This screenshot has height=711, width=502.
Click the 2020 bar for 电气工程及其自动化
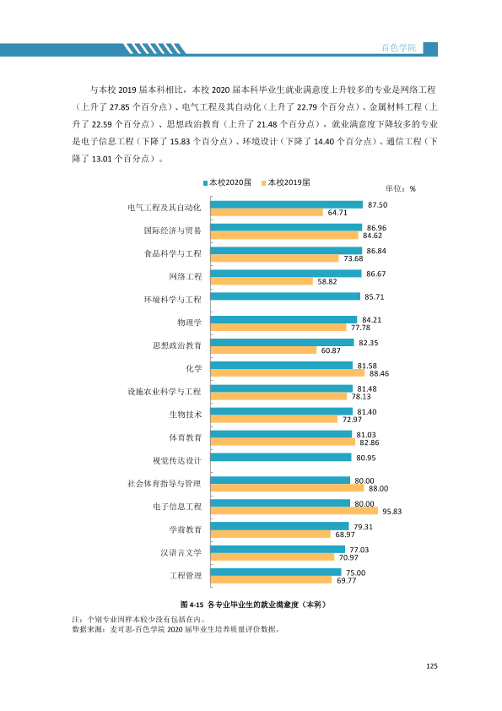coord(287,204)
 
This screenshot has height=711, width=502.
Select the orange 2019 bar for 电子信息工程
coord(294,511)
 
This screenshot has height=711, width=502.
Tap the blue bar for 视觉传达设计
coord(281,457)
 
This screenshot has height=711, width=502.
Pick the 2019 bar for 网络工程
coord(262,281)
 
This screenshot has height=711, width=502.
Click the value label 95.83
coord(392,512)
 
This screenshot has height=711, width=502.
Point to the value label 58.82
coord(327,281)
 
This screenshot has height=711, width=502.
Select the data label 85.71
coord(375,297)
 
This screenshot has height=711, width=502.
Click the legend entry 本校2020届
coord(227,182)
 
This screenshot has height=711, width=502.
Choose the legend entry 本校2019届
coord(286,182)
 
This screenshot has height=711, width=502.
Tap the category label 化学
coord(194,369)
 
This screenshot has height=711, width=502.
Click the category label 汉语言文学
coord(181,553)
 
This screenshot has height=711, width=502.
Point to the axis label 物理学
coord(189,323)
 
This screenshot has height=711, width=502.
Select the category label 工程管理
coord(186,576)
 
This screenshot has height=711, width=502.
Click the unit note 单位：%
coord(401,188)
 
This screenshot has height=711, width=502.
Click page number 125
coord(432,665)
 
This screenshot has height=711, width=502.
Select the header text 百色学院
coord(399,47)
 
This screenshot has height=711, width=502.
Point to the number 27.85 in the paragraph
coord(120,107)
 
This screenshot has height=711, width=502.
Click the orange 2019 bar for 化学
coord(288,372)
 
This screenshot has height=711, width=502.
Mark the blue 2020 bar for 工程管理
coord(276,573)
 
